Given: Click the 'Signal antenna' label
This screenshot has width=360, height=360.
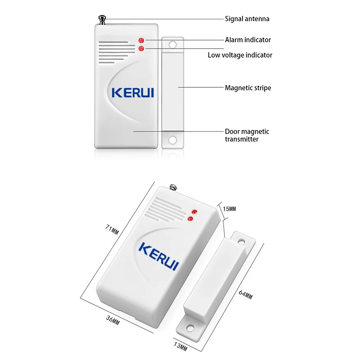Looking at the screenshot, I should [x=247, y=19].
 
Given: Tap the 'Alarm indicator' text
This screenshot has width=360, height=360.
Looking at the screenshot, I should [x=248, y=40].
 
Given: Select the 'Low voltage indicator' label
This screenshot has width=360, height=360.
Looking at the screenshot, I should [x=240, y=55].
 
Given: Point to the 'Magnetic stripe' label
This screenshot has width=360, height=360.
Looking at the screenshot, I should [x=248, y=88].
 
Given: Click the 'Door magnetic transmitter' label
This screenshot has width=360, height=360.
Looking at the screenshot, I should [x=247, y=135].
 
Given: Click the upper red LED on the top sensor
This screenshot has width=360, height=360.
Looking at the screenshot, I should [x=141, y=40].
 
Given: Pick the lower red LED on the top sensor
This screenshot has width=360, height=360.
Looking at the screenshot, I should [x=141, y=48].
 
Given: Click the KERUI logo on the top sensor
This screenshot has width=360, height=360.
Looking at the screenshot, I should [x=132, y=92].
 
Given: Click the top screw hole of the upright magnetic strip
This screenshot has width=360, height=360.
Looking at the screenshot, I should [x=172, y=45].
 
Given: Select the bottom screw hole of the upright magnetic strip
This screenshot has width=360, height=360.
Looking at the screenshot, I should [x=172, y=140].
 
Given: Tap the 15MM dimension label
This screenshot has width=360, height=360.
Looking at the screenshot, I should [x=229, y=209].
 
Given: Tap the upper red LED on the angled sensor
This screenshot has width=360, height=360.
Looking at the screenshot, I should [x=195, y=211].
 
